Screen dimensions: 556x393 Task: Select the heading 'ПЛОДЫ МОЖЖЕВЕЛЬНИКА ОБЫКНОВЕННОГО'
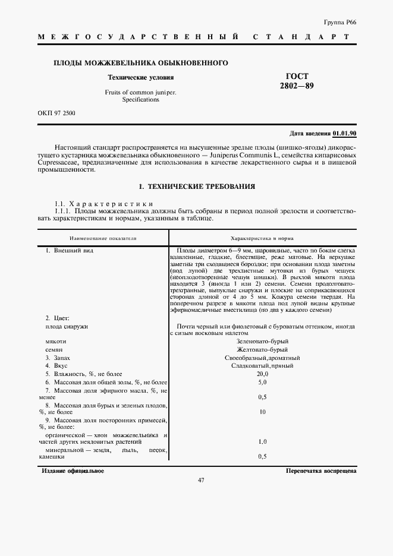click(x=141, y=63)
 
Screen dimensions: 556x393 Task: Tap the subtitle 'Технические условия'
click(x=140, y=77)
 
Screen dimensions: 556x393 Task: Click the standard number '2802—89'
click(x=297, y=86)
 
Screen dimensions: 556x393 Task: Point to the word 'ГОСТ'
click(x=297, y=77)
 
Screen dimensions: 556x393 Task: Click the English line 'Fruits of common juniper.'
click(x=141, y=93)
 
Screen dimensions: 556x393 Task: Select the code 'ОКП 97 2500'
click(x=56, y=112)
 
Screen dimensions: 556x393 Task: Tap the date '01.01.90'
click(x=344, y=134)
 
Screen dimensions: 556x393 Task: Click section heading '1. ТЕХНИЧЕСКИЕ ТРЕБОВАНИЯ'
click(x=197, y=187)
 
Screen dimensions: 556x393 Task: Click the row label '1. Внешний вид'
click(x=70, y=251)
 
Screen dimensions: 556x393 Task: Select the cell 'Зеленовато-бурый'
click(x=262, y=342)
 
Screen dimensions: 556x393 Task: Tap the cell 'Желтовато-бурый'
click(x=262, y=350)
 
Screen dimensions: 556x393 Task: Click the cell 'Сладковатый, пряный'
click(x=262, y=366)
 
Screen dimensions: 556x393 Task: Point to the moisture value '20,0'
click(x=262, y=374)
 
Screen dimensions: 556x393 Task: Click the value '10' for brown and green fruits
click(x=262, y=412)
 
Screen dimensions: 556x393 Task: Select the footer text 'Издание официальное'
click(x=73, y=470)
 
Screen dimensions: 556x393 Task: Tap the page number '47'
click(x=200, y=481)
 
